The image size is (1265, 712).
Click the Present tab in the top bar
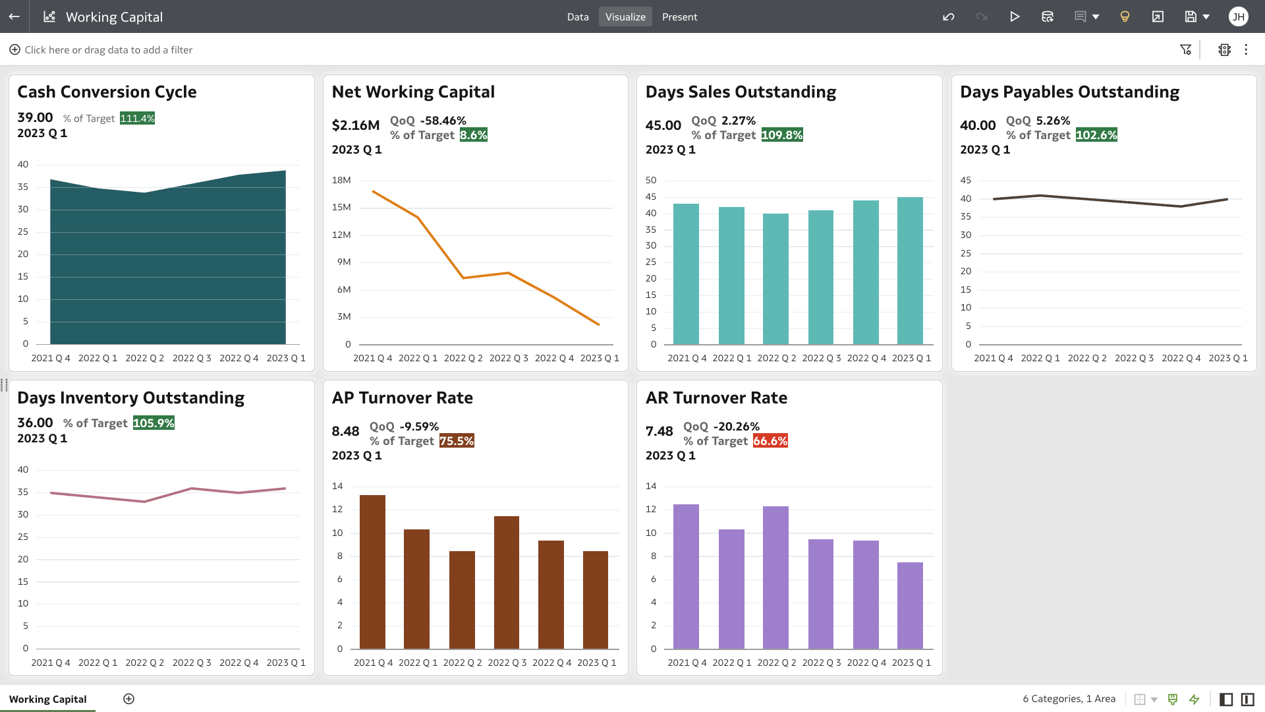[x=679, y=17]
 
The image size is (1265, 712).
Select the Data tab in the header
[x=578, y=17]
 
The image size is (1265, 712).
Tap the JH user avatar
[x=1238, y=17]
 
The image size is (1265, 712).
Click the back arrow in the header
[x=14, y=17]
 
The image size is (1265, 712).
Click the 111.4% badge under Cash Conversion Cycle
[x=137, y=119]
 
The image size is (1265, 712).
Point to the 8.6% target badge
[x=473, y=135]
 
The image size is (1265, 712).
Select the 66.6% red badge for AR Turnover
[x=770, y=441]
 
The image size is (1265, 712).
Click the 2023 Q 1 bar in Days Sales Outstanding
[x=910, y=270]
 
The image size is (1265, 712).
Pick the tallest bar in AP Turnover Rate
[x=372, y=572]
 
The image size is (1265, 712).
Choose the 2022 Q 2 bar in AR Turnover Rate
[x=775, y=577]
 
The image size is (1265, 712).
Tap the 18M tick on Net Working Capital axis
[x=341, y=181]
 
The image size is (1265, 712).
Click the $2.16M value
[x=356, y=125]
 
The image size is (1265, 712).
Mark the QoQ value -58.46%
[x=443, y=121]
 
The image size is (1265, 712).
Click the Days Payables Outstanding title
[x=1069, y=92]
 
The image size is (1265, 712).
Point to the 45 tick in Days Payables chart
[x=965, y=181]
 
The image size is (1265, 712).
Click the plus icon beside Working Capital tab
[x=129, y=699]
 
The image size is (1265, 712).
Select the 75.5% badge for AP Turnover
[x=457, y=441]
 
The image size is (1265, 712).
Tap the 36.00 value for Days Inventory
[x=35, y=423]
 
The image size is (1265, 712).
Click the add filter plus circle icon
[x=14, y=50]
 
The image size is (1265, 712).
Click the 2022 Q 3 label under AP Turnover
[x=507, y=663]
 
